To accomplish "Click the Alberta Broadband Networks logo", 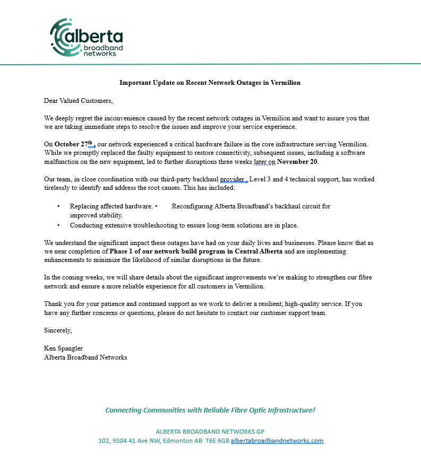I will click(x=86, y=38).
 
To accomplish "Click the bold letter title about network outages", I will click(x=210, y=83).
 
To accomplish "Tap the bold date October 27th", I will click(x=74, y=144).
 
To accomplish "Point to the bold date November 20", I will click(x=297, y=161).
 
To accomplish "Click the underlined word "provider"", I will click(x=232, y=179).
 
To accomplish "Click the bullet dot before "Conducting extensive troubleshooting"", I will click(x=58, y=225).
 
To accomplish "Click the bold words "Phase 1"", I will click(x=121, y=251).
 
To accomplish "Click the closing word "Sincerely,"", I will click(x=58, y=330).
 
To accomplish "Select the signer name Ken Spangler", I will click(x=63, y=348).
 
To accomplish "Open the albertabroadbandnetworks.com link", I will click(x=277, y=441).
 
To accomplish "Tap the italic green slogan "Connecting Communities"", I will click(x=144, y=410).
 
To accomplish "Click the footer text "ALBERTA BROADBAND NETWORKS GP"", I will click(x=210, y=431).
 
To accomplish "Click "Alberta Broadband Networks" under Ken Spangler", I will click(x=85, y=357).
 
